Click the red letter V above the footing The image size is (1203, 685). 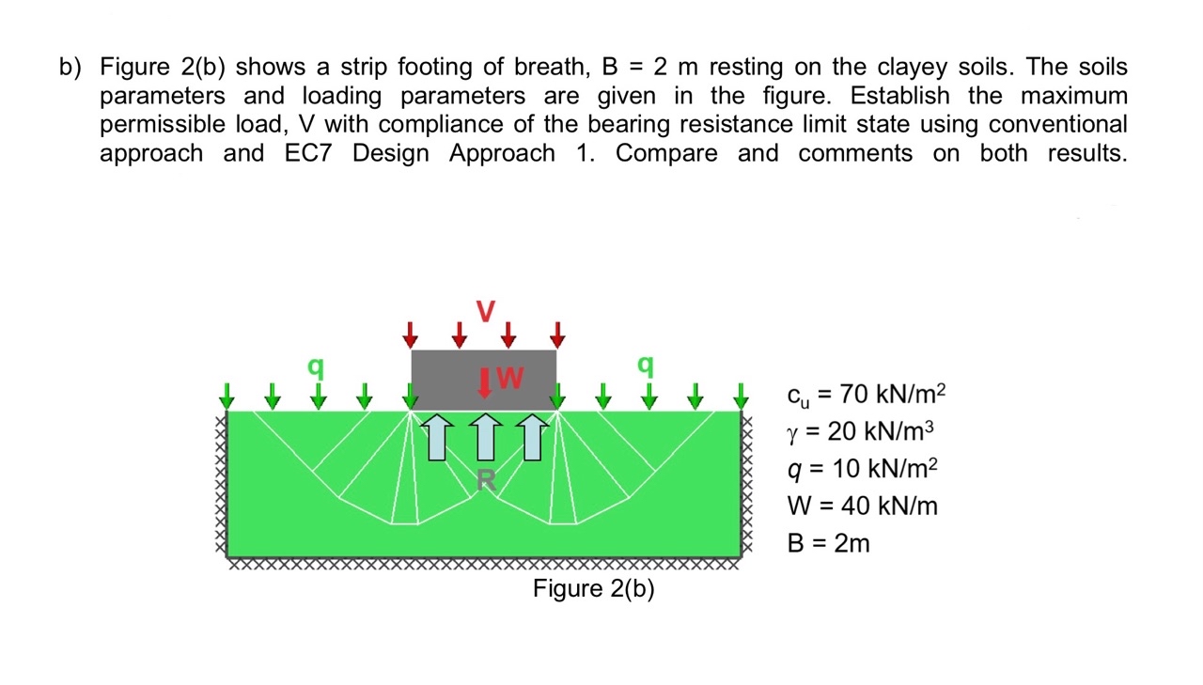coord(485,311)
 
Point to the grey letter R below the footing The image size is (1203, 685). coord(485,481)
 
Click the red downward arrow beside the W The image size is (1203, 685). coord(485,382)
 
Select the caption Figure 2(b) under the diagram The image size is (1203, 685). coord(593,589)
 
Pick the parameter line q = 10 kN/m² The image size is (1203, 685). coord(862,469)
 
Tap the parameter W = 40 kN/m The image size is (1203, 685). coord(861,506)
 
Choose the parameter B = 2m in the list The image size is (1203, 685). coord(827,543)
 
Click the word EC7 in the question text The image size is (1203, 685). coord(308,153)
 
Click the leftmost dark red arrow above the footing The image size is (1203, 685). coord(410,334)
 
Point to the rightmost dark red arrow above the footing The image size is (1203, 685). coord(557,334)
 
